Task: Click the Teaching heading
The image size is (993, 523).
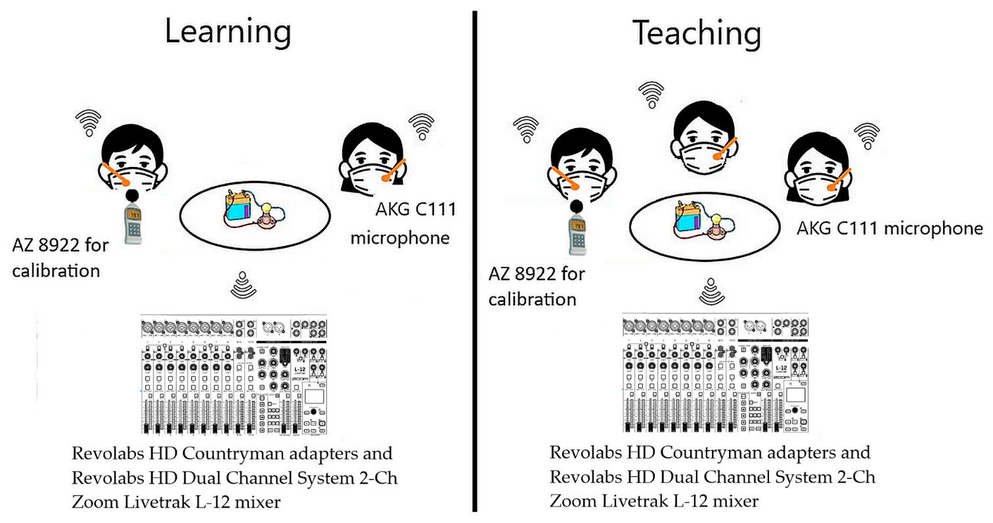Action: (x=696, y=33)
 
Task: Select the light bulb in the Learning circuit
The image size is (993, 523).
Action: (x=267, y=212)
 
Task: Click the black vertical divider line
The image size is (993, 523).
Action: (x=474, y=263)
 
